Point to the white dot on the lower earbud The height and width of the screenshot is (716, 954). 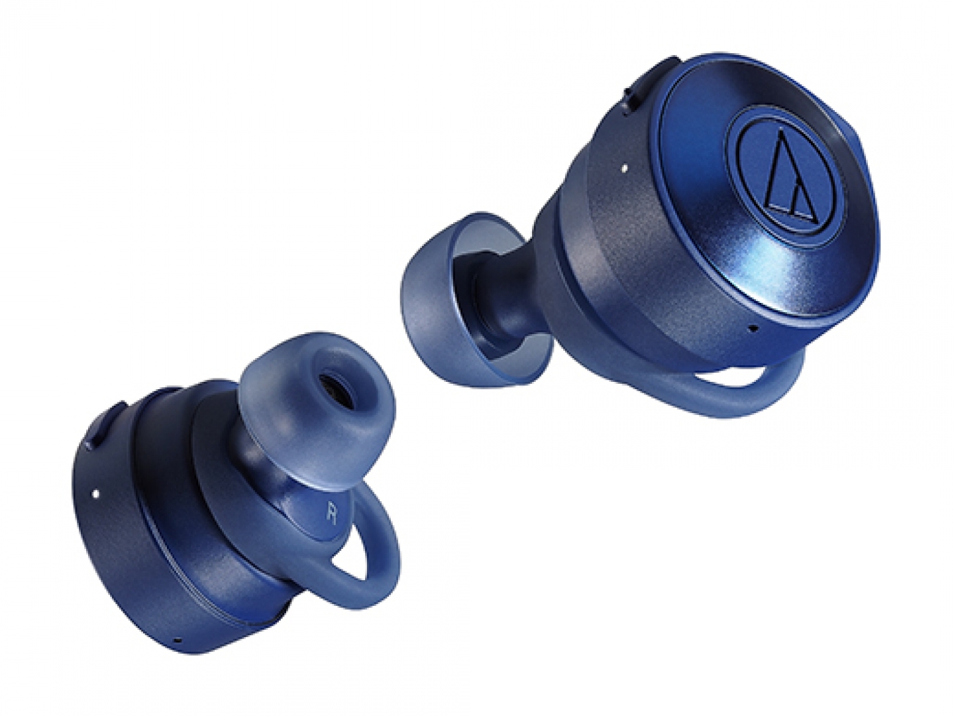pyautogui.click(x=95, y=493)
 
